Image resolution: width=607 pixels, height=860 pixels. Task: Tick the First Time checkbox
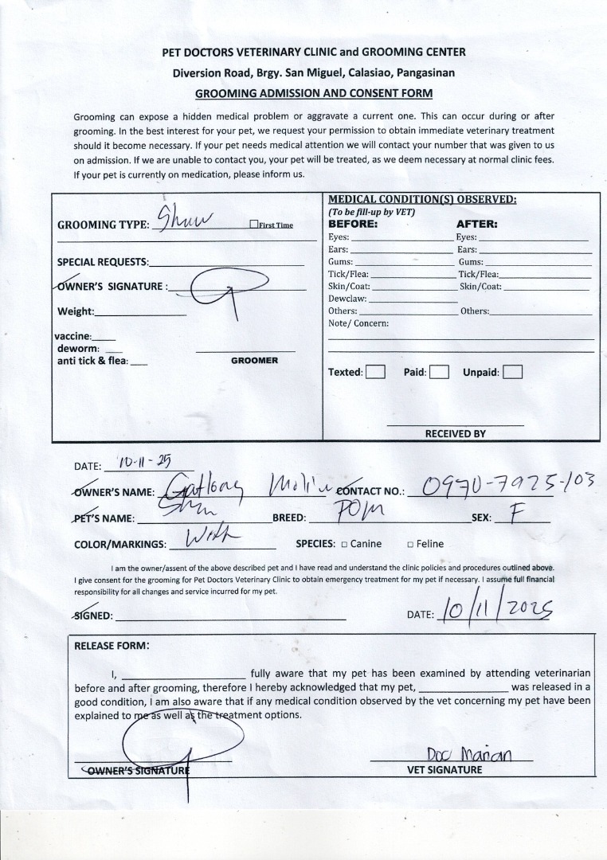point(253,225)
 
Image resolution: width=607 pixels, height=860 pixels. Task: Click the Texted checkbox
point(375,372)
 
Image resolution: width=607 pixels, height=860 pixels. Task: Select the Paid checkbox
point(439,372)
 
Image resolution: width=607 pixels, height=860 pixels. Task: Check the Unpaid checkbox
point(512,372)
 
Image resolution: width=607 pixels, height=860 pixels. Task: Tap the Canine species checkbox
point(344,545)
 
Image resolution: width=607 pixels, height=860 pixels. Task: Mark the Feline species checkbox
point(409,545)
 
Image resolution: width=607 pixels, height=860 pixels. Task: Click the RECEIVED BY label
point(455,434)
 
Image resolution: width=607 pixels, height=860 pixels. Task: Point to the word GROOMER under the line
point(254,361)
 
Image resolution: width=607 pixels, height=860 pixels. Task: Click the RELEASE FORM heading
point(112,646)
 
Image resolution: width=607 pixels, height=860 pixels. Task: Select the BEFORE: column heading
point(353,225)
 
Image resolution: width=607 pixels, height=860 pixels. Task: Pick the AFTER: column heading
point(476,225)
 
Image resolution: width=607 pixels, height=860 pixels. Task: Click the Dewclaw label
point(347,299)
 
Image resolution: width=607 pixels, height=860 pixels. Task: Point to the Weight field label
point(76,311)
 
